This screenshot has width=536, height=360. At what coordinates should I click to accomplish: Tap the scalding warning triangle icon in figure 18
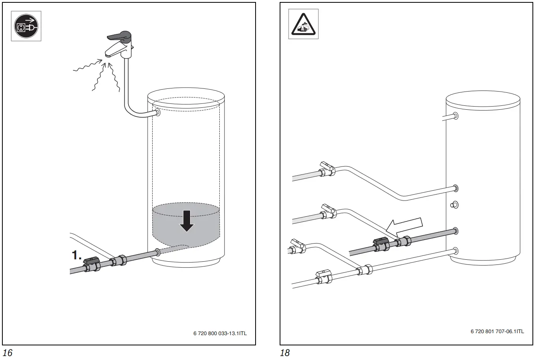coord(303,25)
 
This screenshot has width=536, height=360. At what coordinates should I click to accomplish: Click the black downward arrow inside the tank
coord(186,221)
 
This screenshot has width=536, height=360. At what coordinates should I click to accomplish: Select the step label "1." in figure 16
coord(77,256)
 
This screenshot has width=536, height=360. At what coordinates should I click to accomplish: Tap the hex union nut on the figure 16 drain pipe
coord(119,261)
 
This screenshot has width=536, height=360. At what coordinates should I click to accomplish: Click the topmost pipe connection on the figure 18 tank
coord(456,116)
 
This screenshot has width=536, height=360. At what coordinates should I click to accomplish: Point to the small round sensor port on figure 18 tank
coord(454,205)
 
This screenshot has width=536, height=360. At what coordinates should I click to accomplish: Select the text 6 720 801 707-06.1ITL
coord(497,331)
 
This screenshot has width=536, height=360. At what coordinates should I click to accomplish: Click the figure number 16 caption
coord(7,353)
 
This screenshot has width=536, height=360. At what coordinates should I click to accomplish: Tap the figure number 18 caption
coord(284,353)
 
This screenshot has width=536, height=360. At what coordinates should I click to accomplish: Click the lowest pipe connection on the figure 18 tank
coord(456,250)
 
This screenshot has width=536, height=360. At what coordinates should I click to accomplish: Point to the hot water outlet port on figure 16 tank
coord(157,113)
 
